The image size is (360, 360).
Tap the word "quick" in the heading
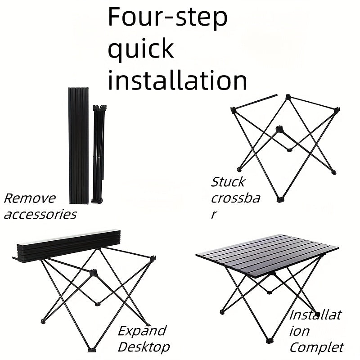coord(140,49)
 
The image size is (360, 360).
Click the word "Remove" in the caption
coord(30,198)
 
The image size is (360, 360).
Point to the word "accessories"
coord(40,214)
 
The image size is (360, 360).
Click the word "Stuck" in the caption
coord(228,182)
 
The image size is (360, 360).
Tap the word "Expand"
coord(142,331)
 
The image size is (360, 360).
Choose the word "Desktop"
coord(144,346)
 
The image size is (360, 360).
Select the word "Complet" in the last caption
coord(316,347)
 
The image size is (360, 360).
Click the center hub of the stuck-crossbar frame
coord(280,130)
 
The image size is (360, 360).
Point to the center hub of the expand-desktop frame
coord(94,273)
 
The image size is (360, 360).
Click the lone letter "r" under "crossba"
coord(215,214)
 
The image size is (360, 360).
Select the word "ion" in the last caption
coord(299,331)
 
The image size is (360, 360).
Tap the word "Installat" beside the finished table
coord(315,315)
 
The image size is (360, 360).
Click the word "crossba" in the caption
coord(235,198)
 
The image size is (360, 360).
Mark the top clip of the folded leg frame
coord(99,108)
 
